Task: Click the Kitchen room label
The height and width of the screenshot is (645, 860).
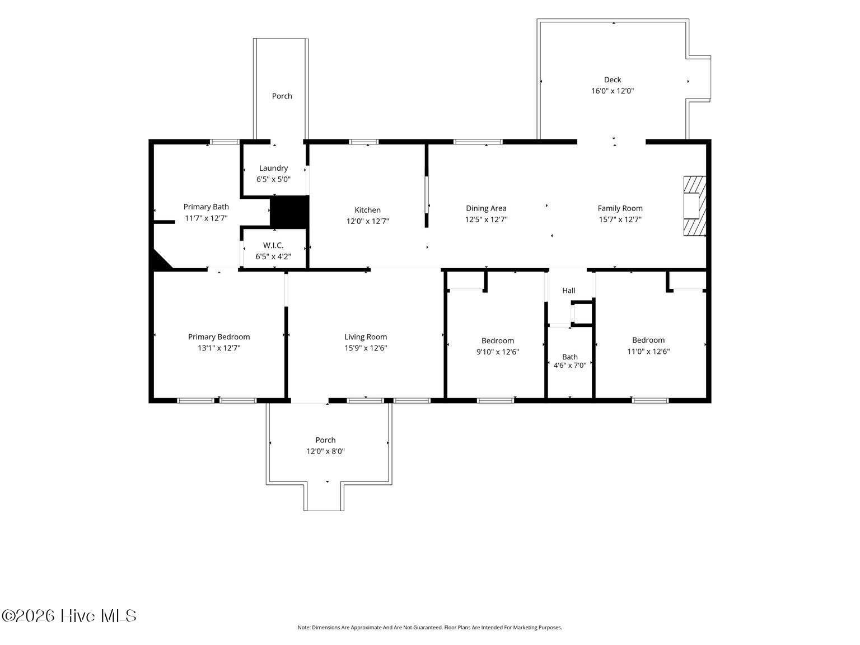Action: tap(367, 210)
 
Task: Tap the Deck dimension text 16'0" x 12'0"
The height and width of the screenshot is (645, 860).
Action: tap(613, 91)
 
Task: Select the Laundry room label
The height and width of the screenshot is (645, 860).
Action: tap(273, 168)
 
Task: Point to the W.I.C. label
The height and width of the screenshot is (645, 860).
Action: tap(273, 246)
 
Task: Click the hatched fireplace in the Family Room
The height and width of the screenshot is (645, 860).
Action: tap(694, 206)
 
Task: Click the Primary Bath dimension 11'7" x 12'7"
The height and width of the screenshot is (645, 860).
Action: tap(206, 218)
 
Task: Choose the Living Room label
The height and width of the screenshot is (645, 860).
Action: tap(366, 337)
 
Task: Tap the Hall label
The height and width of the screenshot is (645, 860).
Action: tap(568, 290)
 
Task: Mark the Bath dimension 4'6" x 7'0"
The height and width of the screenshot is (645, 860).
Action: tap(569, 366)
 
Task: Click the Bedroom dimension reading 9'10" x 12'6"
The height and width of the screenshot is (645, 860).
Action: tap(498, 352)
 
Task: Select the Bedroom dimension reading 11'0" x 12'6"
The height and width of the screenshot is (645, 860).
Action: tap(648, 351)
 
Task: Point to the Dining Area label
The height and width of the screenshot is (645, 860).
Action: tap(486, 208)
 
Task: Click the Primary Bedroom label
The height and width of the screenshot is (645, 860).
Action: tap(218, 337)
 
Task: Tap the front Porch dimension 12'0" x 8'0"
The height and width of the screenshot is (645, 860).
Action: tap(325, 451)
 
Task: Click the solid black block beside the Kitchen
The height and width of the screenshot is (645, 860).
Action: tap(289, 212)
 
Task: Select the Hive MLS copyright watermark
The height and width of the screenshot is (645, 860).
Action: tap(69, 616)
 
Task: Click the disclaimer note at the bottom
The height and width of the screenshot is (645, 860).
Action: tap(430, 628)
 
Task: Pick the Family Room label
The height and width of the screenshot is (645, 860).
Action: tap(620, 208)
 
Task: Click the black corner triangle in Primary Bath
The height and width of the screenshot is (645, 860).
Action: tap(161, 259)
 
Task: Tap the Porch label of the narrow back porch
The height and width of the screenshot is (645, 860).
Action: tap(282, 96)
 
